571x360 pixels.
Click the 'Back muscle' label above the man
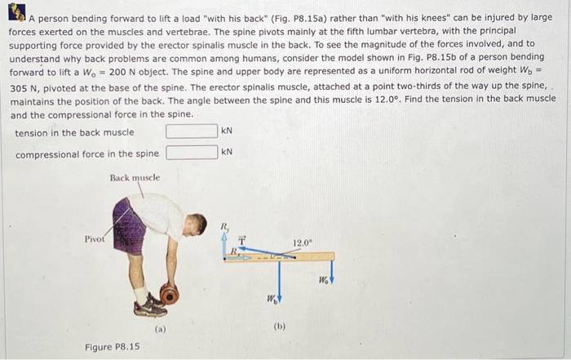coord(135,177)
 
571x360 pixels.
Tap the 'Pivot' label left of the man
coord(95,239)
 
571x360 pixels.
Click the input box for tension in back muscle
coord(192,131)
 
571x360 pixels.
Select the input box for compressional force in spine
coord(192,153)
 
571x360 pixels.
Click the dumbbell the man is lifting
coord(169,292)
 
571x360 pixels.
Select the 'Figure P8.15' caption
coord(113,347)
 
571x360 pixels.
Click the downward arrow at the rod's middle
coord(280,282)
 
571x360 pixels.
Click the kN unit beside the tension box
coord(228,131)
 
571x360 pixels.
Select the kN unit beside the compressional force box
coord(228,152)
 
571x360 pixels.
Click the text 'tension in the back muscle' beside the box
coord(74,132)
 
